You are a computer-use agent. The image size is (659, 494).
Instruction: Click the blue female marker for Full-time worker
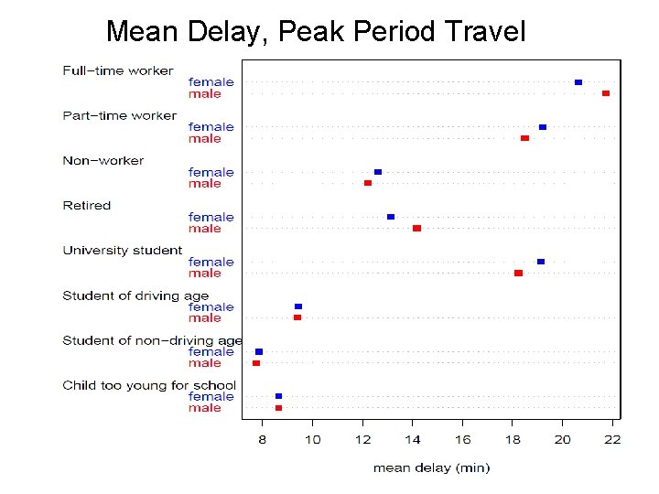[x=578, y=82]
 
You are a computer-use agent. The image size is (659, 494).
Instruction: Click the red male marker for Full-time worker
[x=606, y=93]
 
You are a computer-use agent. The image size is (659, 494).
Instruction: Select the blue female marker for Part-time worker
[x=543, y=127]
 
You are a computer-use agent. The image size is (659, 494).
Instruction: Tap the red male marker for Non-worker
[x=368, y=183]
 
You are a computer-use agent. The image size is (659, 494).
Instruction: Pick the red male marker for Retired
[x=416, y=228]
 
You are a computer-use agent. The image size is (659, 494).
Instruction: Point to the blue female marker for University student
[x=541, y=262]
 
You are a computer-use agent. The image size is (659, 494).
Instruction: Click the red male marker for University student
[x=518, y=273]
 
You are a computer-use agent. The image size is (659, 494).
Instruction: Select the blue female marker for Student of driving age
[x=298, y=306]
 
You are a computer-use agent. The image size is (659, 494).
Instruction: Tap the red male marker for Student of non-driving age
[x=256, y=363]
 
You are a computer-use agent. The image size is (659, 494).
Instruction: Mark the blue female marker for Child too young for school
[x=278, y=396]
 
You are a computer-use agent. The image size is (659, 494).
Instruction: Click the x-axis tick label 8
[x=263, y=439]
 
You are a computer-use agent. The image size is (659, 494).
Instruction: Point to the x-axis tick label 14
[x=413, y=439]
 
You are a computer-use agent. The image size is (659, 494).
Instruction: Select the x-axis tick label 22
[x=612, y=439]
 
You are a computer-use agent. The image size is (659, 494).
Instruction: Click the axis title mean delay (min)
[x=431, y=467]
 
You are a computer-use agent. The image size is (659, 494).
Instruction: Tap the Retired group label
[x=86, y=205]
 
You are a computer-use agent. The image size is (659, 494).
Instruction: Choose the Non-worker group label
[x=103, y=160]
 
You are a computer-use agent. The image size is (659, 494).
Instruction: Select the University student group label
[x=122, y=250]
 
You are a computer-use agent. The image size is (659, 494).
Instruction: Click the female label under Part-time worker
[x=211, y=127]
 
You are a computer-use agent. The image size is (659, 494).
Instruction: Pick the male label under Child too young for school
[x=205, y=408]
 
